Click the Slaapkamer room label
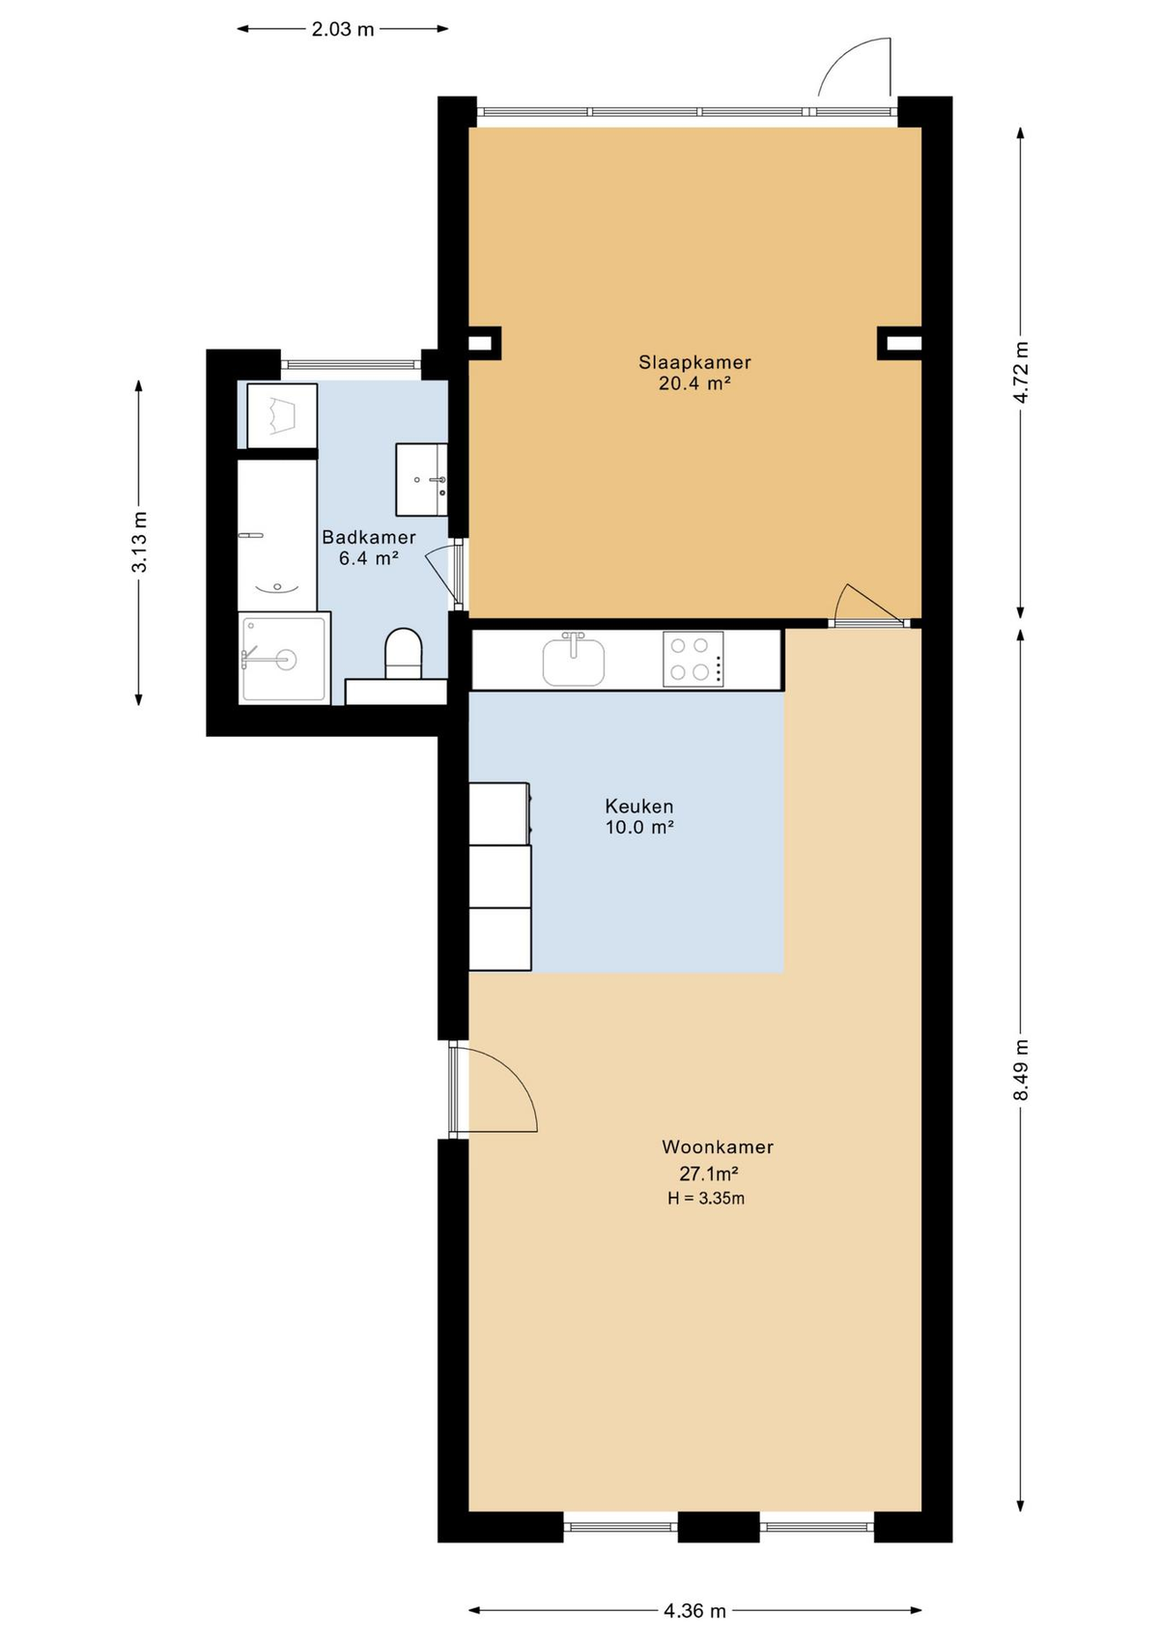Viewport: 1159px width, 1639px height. pyautogui.click(x=694, y=362)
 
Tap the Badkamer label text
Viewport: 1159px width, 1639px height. pyautogui.click(x=369, y=537)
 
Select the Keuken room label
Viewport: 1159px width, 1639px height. pyautogui.click(x=638, y=806)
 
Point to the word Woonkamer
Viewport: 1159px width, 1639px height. pyautogui.click(x=717, y=1146)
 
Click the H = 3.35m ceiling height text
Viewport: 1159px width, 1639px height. pyautogui.click(x=706, y=1199)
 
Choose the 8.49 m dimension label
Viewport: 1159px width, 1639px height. pyautogui.click(x=1022, y=1069)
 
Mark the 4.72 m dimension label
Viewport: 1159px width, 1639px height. pyautogui.click(x=1022, y=372)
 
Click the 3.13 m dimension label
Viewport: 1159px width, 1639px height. pyautogui.click(x=139, y=542)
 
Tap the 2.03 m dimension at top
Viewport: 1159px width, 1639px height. pyautogui.click(x=343, y=29)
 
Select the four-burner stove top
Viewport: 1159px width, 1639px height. pyautogui.click(x=693, y=659)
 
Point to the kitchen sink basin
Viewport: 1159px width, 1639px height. pyautogui.click(x=574, y=661)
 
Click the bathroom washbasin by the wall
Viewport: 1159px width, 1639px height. pyautogui.click(x=421, y=479)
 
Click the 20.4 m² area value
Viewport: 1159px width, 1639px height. pyautogui.click(x=694, y=383)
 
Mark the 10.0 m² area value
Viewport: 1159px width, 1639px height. pyautogui.click(x=638, y=828)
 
